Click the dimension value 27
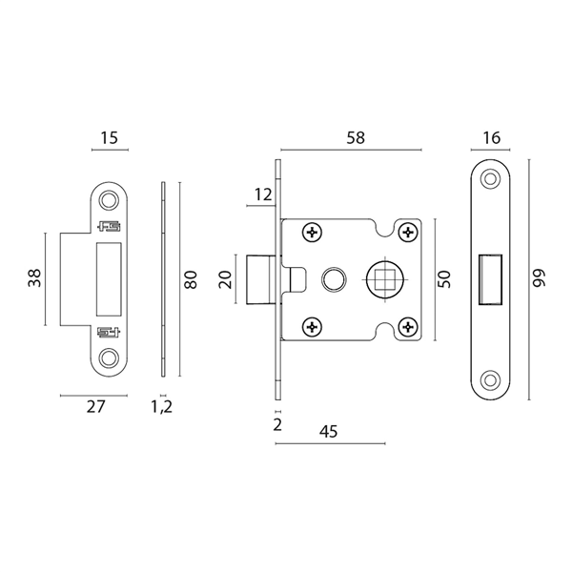[95, 406]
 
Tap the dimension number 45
[328, 431]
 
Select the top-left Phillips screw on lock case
[312, 232]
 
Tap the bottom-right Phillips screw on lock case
[408, 327]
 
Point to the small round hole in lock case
[333, 279]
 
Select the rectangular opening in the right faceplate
[491, 278]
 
